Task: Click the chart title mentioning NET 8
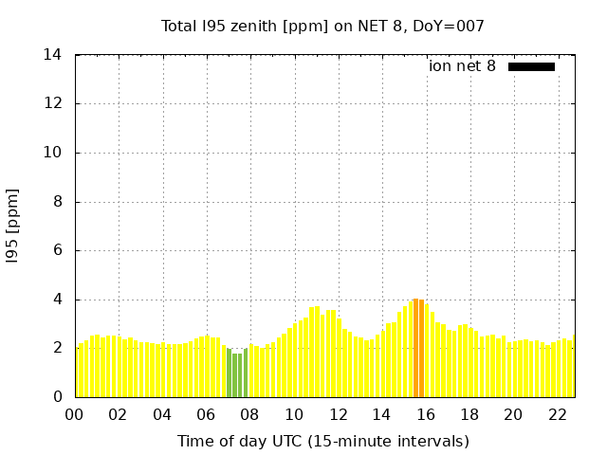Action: [322, 26]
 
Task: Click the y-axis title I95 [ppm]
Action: [13, 226]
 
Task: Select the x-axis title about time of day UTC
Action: [322, 441]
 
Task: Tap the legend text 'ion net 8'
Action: [462, 66]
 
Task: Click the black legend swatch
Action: [531, 66]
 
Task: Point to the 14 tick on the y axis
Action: [53, 55]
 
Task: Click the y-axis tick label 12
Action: [53, 104]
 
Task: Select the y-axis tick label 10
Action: [53, 153]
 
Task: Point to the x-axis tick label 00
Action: [75, 415]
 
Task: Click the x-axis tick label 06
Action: [206, 415]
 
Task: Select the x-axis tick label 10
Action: [294, 415]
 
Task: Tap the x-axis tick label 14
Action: [381, 415]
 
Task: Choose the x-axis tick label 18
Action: [469, 415]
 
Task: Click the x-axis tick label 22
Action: [557, 415]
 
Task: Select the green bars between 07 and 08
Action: [237, 373]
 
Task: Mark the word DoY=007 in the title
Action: [451, 26]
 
